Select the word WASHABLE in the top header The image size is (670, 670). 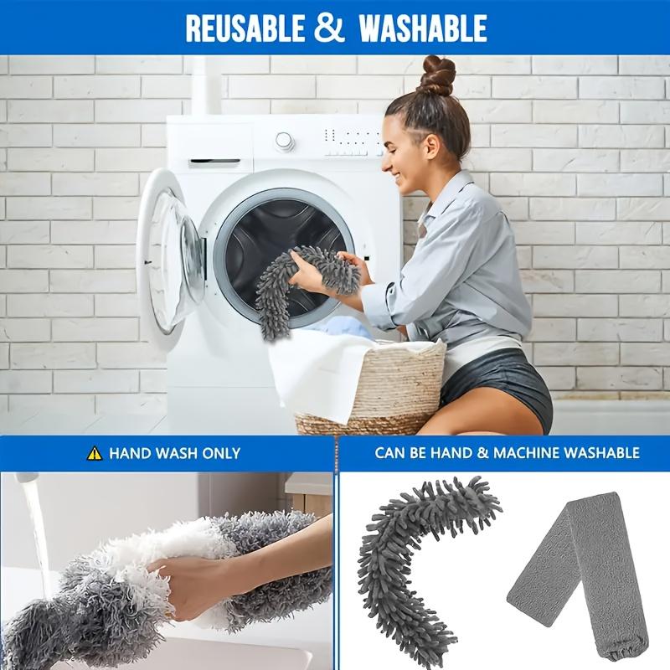(x=423, y=28)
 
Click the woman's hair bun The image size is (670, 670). (x=436, y=75)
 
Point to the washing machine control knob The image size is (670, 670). (x=286, y=141)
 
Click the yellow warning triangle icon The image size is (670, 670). (x=95, y=453)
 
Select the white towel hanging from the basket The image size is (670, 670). (x=310, y=377)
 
